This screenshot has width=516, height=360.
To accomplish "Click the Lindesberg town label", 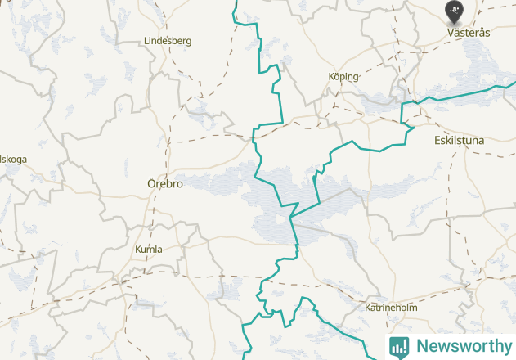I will click(167, 40).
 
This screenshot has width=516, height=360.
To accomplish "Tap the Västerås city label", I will click(469, 33).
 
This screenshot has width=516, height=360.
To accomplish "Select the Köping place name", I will click(343, 76).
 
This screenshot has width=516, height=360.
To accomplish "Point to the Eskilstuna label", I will click(459, 141).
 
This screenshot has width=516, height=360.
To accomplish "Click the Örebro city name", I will click(164, 184).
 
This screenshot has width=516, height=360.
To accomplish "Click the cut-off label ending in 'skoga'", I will click(13, 159).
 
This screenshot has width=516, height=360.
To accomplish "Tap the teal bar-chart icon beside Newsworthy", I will click(399, 346).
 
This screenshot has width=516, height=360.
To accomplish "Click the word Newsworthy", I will click(462, 346).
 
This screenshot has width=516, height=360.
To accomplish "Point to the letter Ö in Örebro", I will click(151, 184).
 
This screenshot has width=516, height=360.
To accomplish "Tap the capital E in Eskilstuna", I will click(437, 141).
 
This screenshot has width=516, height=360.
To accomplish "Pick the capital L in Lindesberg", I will click(146, 40).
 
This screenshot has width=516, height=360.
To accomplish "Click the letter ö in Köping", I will click(335, 76).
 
